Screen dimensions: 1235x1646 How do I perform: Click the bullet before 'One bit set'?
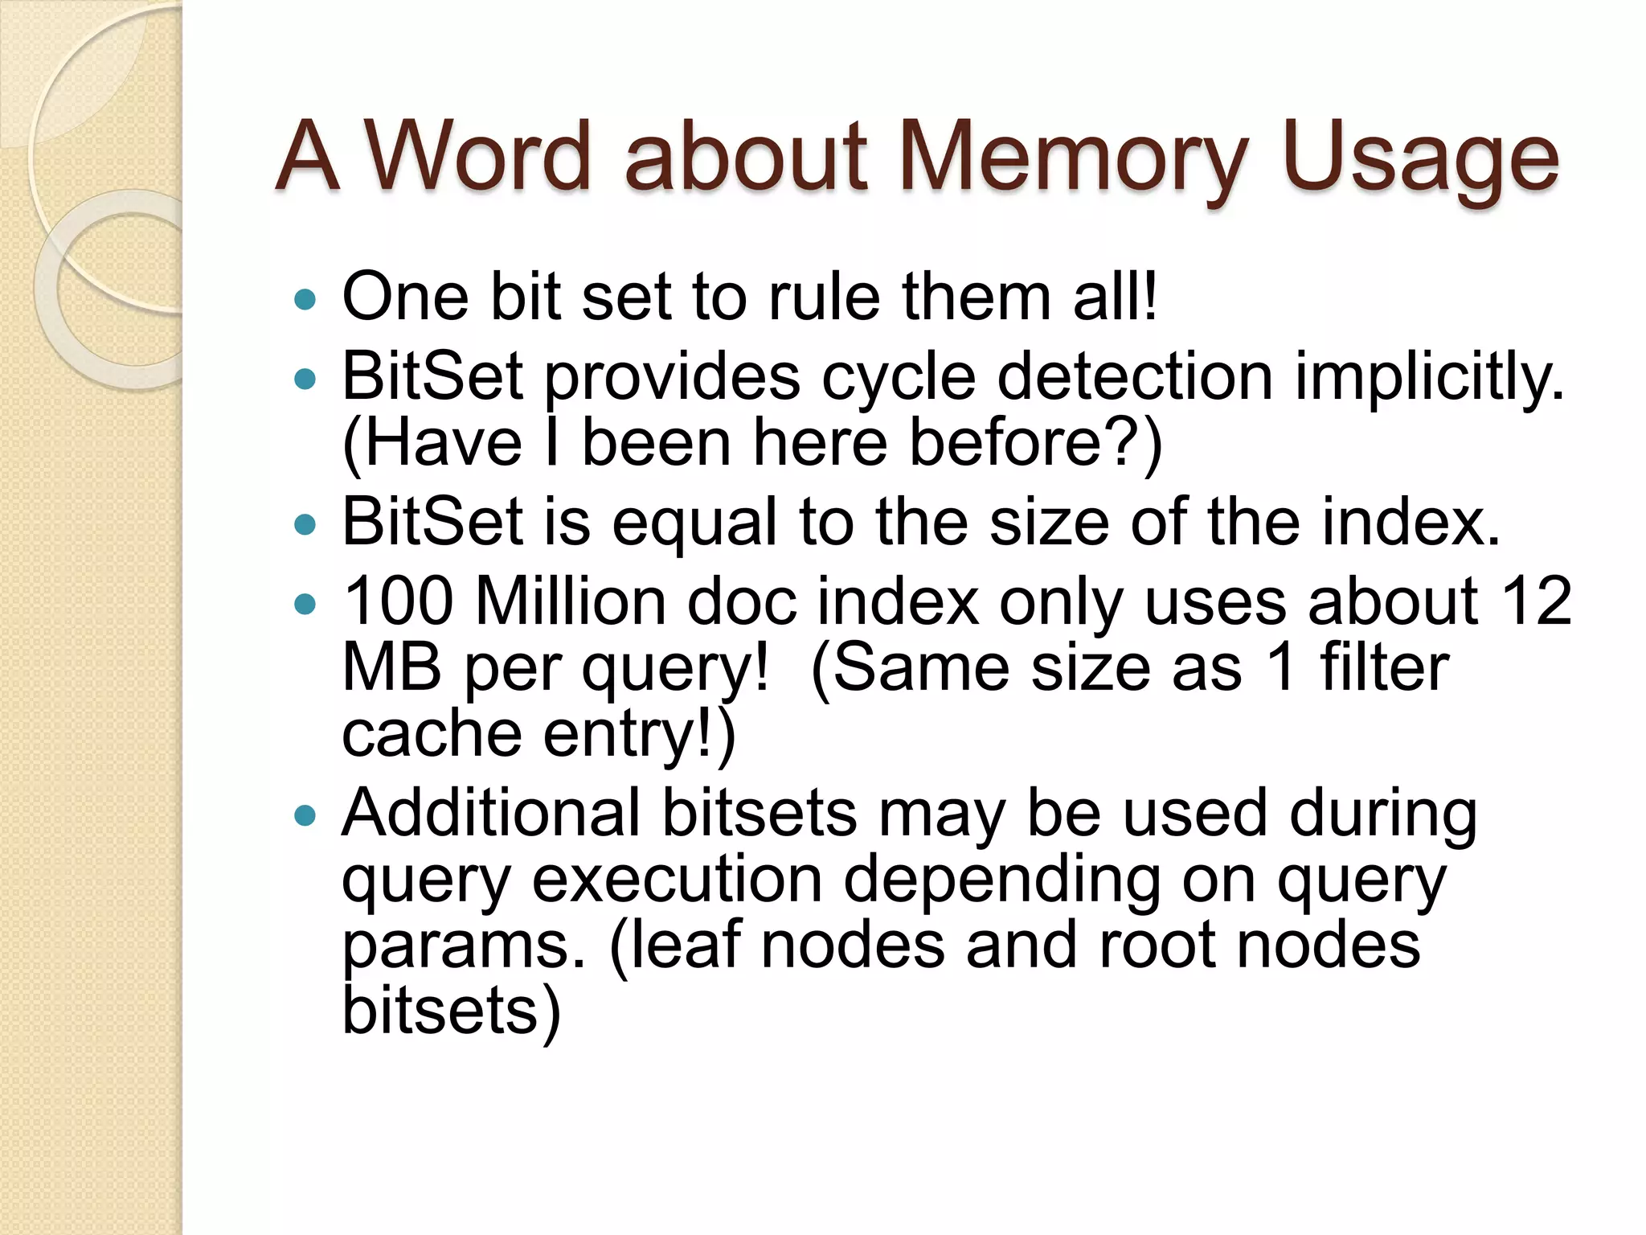[305, 301]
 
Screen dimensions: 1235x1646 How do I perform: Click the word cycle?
[899, 376]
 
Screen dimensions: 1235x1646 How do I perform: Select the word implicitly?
[1429, 376]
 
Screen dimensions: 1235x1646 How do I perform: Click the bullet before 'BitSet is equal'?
[305, 526]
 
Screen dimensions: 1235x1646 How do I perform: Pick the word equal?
[695, 523]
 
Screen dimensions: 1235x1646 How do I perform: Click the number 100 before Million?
[398, 601]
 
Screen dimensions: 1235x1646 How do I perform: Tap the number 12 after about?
[1536, 601]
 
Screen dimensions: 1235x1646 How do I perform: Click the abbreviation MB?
[391, 667]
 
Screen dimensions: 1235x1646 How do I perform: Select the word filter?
[1384, 667]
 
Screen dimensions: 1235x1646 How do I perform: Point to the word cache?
[432, 734]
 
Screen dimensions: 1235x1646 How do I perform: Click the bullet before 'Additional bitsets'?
[305, 817]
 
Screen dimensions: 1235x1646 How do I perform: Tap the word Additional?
[490, 813]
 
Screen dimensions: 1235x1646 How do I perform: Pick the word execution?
[677, 880]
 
